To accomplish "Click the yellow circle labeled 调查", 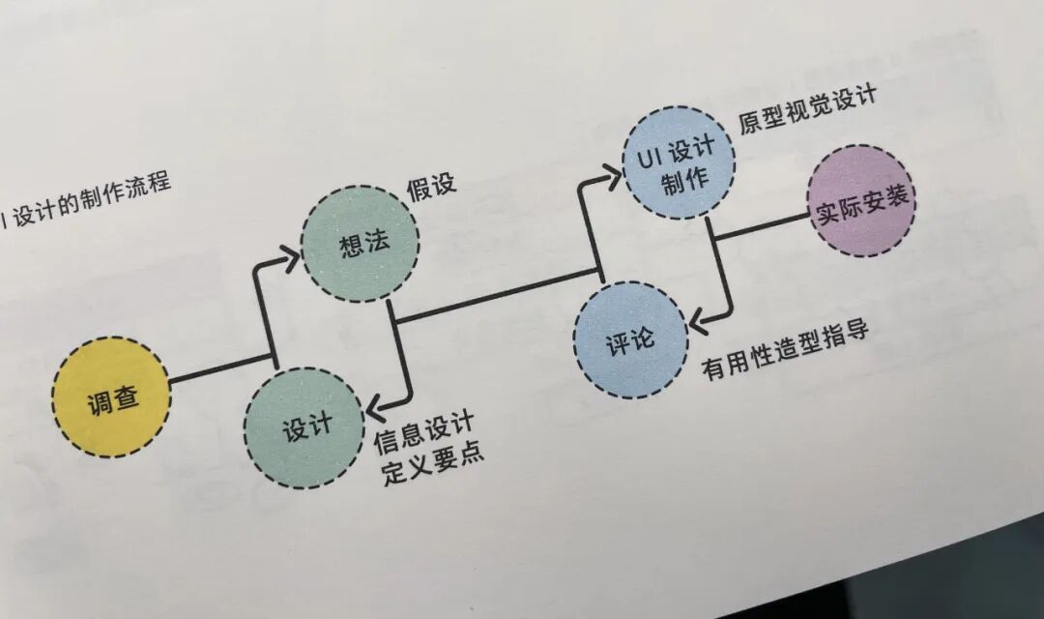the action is point(109,398).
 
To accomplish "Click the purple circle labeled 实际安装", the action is point(860,201).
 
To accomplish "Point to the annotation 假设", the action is point(430,188).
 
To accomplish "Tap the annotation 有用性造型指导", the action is point(785,350).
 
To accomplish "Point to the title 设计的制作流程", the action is point(92,200).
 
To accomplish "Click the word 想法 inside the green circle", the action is point(363,244).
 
